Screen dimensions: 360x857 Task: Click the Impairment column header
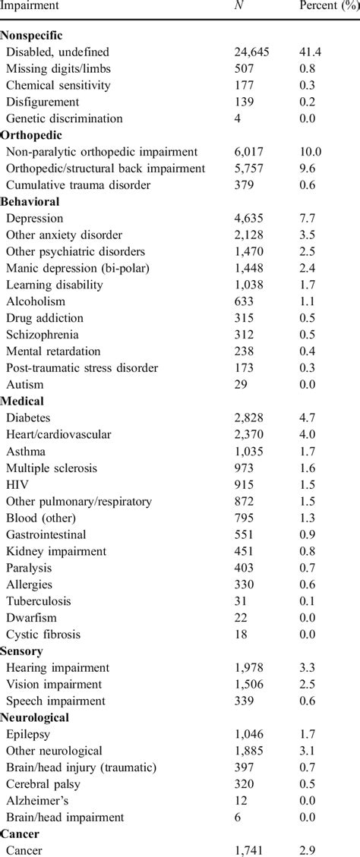coord(31,7)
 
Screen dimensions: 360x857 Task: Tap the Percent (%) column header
coord(329,7)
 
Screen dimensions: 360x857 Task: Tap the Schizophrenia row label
coord(43,335)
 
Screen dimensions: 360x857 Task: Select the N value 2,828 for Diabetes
coord(250,417)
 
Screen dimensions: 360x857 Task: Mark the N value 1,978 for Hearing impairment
coord(250,667)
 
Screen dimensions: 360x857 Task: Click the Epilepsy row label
coord(28,734)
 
